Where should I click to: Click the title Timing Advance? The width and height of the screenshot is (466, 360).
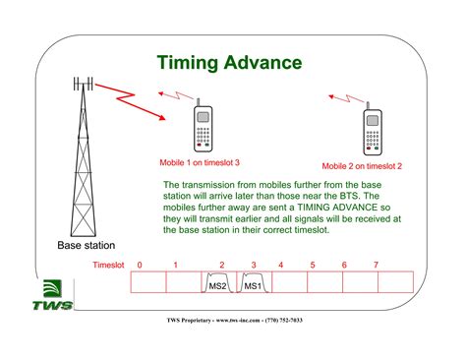pos(229,63)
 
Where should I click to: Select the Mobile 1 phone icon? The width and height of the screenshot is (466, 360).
pos(203,125)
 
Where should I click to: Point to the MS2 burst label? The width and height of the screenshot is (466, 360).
pos(218,286)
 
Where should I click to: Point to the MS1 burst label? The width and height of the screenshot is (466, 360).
pos(252,286)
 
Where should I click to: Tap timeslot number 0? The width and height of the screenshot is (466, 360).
pos(140,266)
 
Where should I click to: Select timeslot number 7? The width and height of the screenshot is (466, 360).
pos(375,266)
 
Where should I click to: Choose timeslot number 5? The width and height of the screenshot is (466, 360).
pos(312,266)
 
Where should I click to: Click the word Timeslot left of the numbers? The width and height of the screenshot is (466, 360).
pos(110,266)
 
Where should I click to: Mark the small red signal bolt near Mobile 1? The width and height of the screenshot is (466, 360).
pos(170,97)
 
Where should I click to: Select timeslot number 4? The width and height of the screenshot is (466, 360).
pos(280,266)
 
